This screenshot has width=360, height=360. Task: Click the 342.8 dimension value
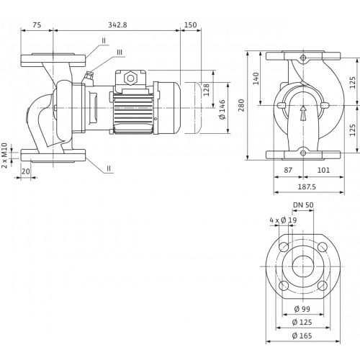coord(117,24)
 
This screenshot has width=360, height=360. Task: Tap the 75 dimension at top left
coord(37,24)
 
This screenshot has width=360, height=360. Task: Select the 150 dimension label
coord(191,24)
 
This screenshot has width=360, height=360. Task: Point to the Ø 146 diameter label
coord(222,109)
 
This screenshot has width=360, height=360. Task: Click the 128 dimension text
coord(207,90)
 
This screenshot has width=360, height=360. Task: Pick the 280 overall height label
coord(241,105)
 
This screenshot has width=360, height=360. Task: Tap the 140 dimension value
coord(256,78)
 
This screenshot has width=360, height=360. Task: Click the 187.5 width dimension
coord(307,186)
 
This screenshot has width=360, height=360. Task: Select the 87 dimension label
coord(288,170)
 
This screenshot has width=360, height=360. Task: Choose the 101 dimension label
coord(323,170)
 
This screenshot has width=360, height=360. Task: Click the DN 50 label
coord(303,205)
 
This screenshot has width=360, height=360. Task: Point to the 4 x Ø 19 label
coord(283,220)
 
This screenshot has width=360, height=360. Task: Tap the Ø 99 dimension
coord(302,309)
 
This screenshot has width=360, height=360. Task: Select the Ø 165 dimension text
coord(302,336)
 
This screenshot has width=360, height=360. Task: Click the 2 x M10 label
coord(4,156)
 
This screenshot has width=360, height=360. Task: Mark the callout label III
coord(120,53)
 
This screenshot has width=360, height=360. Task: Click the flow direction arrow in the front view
coord(303,113)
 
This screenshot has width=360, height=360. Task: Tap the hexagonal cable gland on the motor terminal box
coord(130,78)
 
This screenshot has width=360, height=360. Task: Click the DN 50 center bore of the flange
coord(303,266)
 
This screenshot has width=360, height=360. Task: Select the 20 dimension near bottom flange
coord(26,171)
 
